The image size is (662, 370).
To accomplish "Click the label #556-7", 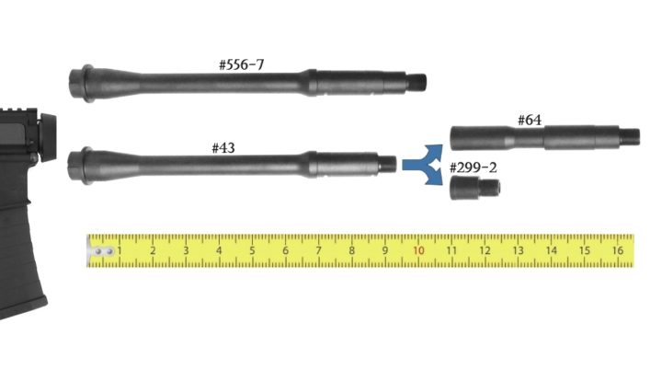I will tap(243, 65).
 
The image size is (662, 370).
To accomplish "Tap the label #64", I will tap(530, 120).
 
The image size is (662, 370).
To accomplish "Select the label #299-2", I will tap(474, 168).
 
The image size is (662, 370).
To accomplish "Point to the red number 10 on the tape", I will tap(418, 250).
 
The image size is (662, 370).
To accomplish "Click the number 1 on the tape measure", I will tap(120, 250).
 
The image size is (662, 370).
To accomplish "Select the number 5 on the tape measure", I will tap(252, 250).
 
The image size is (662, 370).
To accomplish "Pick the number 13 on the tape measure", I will tap(518, 250).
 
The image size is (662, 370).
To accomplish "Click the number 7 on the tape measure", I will tap(318, 250).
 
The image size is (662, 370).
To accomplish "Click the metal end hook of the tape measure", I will tap(100, 250).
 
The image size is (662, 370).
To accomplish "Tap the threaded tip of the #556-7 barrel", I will tap(419, 82).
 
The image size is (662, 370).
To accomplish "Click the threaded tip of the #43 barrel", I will tap(388, 164).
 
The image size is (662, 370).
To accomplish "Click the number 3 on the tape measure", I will tap(186, 250).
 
